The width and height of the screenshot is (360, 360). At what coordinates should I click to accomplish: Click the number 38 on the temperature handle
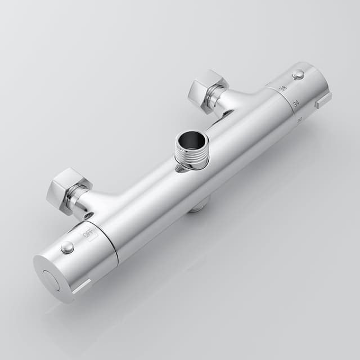(x=283, y=88)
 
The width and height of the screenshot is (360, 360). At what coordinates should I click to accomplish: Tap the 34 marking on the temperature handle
(x=295, y=103)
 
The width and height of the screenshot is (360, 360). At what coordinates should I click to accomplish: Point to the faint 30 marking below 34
(x=300, y=118)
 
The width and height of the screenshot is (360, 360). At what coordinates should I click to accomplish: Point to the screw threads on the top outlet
(x=191, y=158)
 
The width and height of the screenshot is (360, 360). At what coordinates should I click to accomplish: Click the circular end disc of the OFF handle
(x=51, y=280)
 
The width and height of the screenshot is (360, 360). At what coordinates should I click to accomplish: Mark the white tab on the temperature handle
(x=323, y=101)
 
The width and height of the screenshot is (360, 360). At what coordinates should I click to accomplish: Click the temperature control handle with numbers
(x=301, y=93)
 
